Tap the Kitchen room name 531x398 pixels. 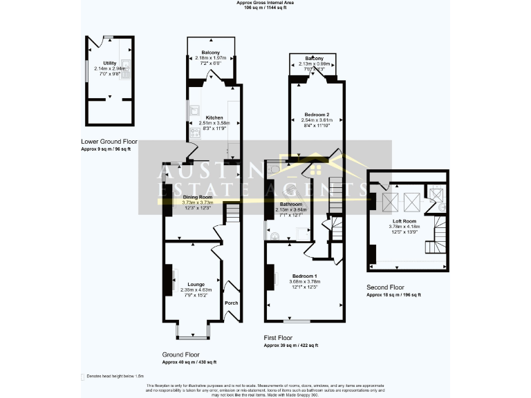(x=210, y=117)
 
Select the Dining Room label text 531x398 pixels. (x=198, y=197)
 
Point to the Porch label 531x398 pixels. (x=231, y=303)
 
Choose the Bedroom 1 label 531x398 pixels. (x=304, y=276)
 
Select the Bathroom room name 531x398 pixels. (x=290, y=205)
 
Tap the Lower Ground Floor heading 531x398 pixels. (x=109, y=142)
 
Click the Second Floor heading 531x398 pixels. (x=384, y=287)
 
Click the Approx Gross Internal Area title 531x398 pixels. (x=265, y=3)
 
